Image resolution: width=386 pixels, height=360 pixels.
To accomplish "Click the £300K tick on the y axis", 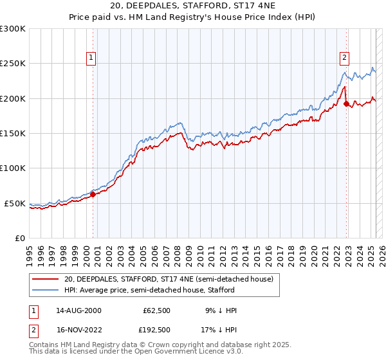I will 13,29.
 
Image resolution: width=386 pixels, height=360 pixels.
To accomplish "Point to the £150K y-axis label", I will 13,134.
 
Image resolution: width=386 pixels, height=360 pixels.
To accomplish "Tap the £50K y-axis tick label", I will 15,203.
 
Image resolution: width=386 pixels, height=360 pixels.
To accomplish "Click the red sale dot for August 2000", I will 93,194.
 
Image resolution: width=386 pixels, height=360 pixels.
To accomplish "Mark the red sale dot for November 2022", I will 346,103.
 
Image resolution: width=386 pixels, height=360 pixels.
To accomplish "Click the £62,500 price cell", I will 156,310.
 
